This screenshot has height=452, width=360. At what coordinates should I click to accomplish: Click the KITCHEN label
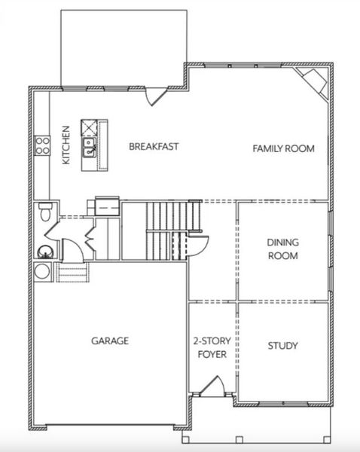pyautogui.click(x=66, y=146)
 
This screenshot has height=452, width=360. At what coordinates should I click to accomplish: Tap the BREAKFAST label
pyautogui.click(x=153, y=146)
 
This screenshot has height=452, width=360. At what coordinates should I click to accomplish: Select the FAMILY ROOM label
pyautogui.click(x=282, y=148)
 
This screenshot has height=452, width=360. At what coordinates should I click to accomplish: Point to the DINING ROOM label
pyautogui.click(x=282, y=249)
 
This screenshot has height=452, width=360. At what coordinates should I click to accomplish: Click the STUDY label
pyautogui.click(x=282, y=346)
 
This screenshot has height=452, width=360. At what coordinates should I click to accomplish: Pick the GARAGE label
pyautogui.click(x=110, y=341)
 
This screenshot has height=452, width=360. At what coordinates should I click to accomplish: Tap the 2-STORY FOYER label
pyautogui.click(x=212, y=347)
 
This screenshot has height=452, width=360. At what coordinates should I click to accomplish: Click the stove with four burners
pyautogui.click(x=41, y=145)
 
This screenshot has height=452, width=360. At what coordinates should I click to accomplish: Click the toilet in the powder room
pyautogui.click(x=44, y=211)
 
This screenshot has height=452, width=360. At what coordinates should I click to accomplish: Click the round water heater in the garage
pyautogui.click(x=42, y=270)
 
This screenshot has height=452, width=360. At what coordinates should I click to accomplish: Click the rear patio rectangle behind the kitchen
pyautogui.click(x=123, y=47)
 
